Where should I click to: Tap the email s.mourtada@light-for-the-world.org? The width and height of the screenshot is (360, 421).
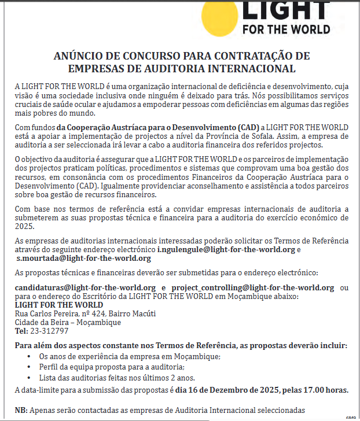[83, 258]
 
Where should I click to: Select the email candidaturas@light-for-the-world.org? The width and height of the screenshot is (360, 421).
[85, 287]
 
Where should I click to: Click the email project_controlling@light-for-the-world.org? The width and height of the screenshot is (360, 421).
[253, 287]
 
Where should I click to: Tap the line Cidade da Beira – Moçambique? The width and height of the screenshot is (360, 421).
[60, 322]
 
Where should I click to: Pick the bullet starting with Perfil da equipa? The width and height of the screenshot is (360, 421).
[111, 367]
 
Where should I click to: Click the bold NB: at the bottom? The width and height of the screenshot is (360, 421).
[21, 410]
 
